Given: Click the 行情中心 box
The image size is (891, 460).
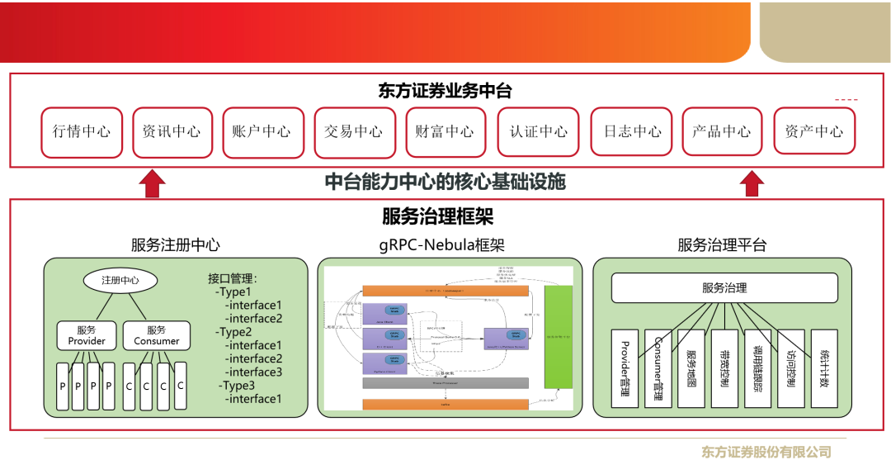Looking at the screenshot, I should (82, 131).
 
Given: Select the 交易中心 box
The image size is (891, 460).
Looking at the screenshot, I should (353, 131).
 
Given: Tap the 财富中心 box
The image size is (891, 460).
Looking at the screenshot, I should (445, 131).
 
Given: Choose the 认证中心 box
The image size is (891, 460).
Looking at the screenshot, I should (539, 131).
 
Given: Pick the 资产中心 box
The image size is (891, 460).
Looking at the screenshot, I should (813, 131).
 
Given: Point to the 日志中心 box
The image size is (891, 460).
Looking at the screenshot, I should (631, 131).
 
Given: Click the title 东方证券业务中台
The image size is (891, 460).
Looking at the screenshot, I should (445, 90).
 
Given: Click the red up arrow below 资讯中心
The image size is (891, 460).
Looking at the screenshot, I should (150, 183).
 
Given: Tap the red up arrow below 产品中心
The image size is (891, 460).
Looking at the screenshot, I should (752, 183).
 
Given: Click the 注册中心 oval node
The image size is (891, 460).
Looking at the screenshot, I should (120, 280).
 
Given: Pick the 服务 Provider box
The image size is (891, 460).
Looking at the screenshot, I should (87, 335).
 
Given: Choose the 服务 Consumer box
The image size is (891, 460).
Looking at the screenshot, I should (156, 335).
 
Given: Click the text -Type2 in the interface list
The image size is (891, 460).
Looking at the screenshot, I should (233, 332).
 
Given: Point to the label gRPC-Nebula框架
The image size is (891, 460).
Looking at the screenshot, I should (441, 245).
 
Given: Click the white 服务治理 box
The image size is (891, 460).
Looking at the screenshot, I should (724, 288).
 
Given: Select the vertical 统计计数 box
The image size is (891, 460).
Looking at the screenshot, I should (823, 368).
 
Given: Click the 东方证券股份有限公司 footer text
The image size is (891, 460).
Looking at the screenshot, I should (766, 452).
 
